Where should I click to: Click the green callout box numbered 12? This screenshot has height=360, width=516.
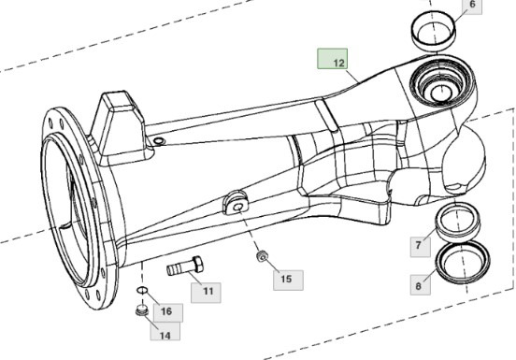point(332,61)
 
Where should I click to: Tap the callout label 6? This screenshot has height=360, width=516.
point(472,5)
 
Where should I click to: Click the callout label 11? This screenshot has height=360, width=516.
point(208,292)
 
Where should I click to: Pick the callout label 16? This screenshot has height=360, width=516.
point(166,310)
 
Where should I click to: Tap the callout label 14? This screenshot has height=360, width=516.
point(164,334)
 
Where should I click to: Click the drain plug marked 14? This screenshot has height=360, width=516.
point(140,312)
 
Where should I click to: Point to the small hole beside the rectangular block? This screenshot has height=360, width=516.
point(158,140)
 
